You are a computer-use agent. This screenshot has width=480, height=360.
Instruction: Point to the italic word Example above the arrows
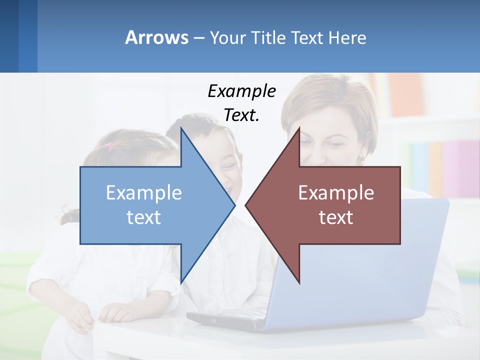[241, 91]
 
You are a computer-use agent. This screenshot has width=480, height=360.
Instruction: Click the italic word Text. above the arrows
[241, 115]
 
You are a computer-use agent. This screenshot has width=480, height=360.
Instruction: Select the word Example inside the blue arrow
[144, 192]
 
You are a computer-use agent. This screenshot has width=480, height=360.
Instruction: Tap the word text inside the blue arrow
[144, 217]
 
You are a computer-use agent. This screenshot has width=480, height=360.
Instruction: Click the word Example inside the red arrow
[336, 192]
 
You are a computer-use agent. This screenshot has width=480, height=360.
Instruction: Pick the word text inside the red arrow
[336, 217]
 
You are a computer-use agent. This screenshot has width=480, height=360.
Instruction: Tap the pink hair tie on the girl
[110, 146]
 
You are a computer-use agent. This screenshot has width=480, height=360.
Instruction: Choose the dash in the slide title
[198, 38]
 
